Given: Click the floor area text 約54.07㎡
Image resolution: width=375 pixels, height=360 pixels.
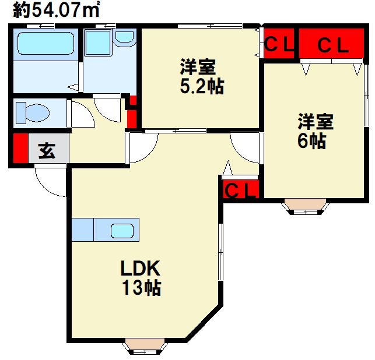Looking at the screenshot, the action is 56,10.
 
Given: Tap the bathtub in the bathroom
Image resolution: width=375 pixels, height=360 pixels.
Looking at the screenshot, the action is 45,43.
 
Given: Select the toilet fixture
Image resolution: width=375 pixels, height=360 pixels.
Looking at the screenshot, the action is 33,112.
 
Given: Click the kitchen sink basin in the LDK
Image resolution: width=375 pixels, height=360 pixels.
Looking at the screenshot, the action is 122,231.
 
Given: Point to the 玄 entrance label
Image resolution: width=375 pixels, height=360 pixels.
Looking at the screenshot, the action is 47,151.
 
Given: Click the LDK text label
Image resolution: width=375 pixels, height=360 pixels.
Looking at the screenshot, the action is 140,268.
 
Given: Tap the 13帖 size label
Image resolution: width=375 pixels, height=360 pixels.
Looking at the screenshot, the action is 141,287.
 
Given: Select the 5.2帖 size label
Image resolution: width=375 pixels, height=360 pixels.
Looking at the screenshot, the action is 202,86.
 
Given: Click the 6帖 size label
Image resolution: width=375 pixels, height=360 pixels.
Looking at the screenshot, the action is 311,141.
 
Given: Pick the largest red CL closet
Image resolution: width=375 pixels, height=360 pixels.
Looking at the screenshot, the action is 332,44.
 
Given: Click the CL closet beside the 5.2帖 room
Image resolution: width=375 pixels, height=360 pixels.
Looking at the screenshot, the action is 279,43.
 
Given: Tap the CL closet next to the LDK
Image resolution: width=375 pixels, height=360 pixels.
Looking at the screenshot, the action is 241,189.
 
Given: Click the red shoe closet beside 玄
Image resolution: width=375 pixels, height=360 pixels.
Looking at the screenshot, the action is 20,148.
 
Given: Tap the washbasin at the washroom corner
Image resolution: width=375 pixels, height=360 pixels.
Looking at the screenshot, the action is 124,38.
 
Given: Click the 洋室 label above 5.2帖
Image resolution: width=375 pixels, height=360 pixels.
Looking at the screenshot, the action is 198,67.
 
